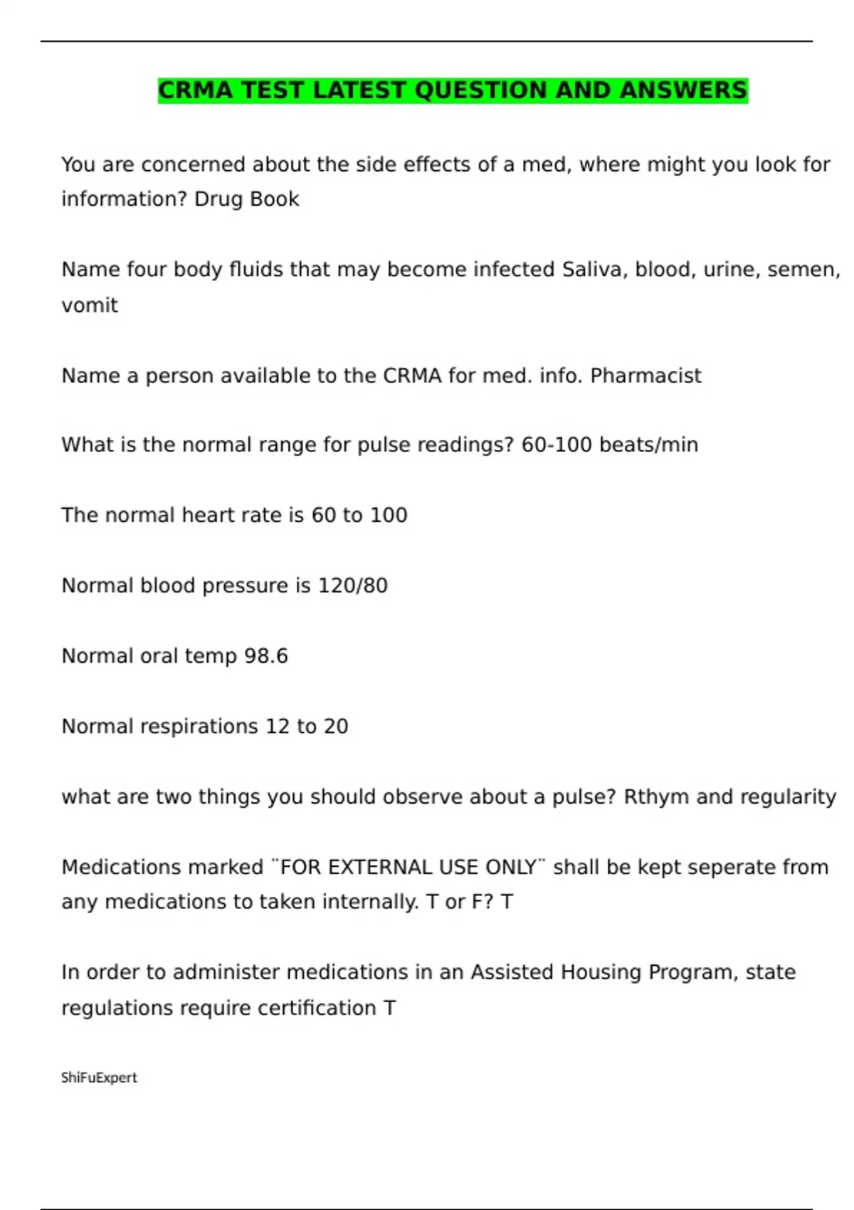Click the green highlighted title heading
click(453, 90)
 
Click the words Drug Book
click(246, 199)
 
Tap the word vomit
click(90, 305)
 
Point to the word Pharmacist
click(645, 376)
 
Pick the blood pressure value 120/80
click(352, 586)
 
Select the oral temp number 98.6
click(265, 656)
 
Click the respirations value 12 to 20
click(306, 727)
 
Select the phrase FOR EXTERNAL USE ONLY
click(408, 868)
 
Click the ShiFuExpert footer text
click(99, 1078)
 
